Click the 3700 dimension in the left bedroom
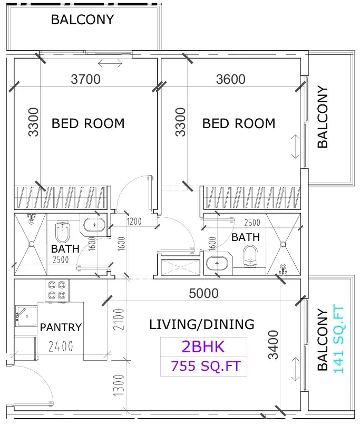tap(86, 79)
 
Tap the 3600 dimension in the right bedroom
tap(231, 79)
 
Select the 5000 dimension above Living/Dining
tap(203, 293)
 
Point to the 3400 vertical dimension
tap(273, 344)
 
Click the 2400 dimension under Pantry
tap(61, 346)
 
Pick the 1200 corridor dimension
tap(134, 221)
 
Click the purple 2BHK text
tap(203, 346)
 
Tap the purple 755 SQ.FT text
tap(206, 366)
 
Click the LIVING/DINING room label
tap(202, 324)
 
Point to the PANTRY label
tap(61, 327)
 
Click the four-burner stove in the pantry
tap(57, 290)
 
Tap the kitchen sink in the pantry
tap(26, 316)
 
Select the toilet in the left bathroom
tap(62, 232)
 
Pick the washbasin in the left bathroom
tap(94, 225)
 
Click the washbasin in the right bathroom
tap(217, 263)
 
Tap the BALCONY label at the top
tap(82, 20)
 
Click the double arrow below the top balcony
tap(110, 63)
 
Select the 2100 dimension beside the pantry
tap(119, 320)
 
